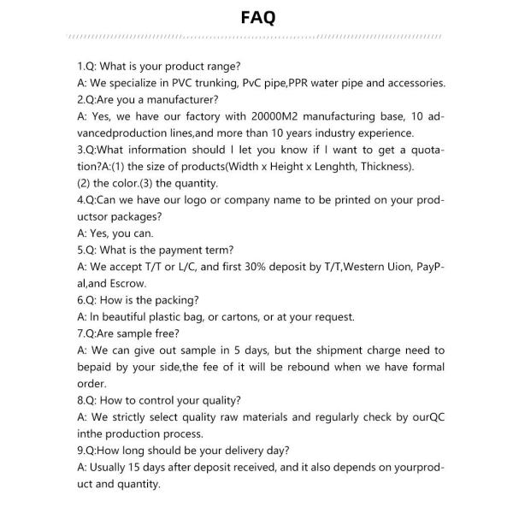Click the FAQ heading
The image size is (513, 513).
click(x=256, y=18)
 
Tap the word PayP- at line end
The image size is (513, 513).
click(x=430, y=267)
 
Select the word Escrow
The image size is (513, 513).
click(x=129, y=283)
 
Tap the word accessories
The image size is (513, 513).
click(x=416, y=83)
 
